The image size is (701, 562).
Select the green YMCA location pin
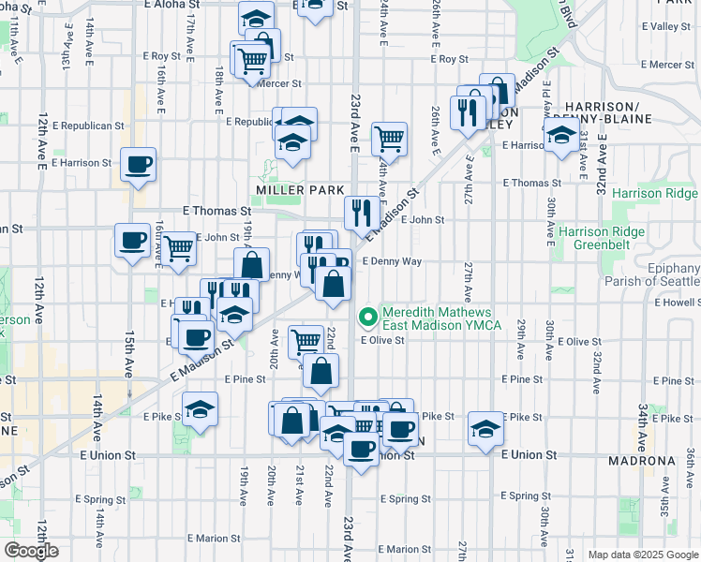point(367,318)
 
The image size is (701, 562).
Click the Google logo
point(30,551)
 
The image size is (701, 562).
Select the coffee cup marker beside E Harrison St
point(138,165)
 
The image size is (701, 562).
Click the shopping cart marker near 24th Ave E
point(389,140)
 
